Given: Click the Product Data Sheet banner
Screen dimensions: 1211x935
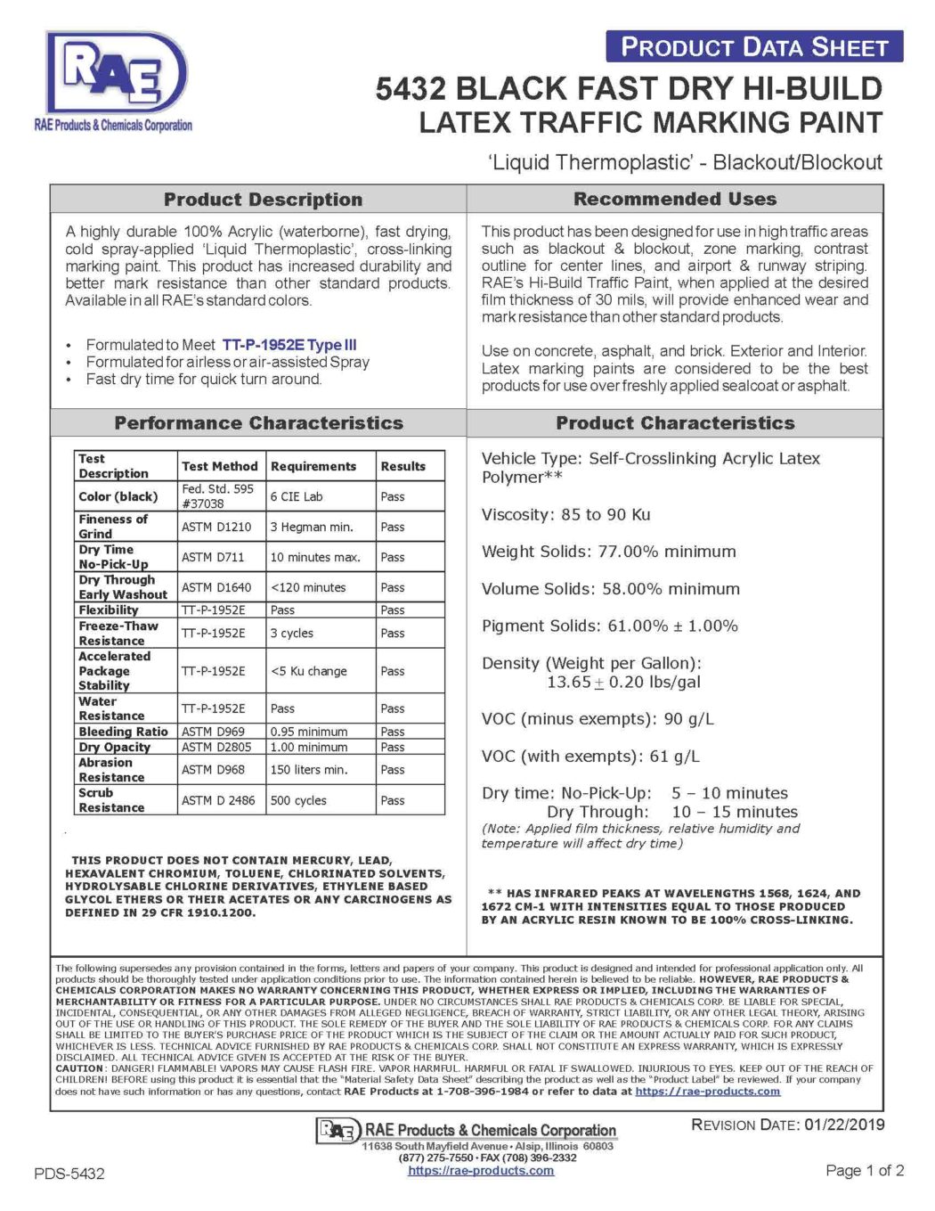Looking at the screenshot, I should tap(754, 47).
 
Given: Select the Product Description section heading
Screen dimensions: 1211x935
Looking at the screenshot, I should tap(263, 200).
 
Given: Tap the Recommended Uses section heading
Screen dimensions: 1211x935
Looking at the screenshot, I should tap(675, 199).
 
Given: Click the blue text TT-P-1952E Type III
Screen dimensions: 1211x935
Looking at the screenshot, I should tap(289, 345).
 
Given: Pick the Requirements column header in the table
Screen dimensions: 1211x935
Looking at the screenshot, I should tap(313, 466).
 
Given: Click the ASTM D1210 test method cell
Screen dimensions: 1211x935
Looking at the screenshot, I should tap(216, 527).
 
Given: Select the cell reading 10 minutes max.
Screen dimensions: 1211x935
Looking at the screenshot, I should tap(315, 557).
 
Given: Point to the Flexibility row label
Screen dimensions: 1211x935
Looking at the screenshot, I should tap(109, 610).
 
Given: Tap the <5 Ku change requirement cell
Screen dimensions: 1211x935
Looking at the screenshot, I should tap(309, 671).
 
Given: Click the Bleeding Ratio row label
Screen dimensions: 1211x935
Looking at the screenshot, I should tap(123, 732).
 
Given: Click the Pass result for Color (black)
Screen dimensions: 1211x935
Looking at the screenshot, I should tap(393, 496).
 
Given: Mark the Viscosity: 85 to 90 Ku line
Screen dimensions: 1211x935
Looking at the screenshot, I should tap(566, 515).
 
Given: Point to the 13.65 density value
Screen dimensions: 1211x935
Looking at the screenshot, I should tap(569, 682).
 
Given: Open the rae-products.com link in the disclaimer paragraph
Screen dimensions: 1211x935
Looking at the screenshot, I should tap(707, 1091).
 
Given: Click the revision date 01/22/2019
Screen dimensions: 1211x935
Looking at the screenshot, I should tap(844, 1125).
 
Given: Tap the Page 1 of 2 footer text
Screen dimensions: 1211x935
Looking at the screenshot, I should tap(865, 1170).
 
